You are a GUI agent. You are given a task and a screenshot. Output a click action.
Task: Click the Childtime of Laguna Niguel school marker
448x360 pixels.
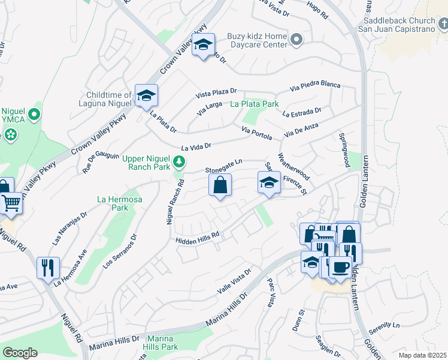click(146, 95)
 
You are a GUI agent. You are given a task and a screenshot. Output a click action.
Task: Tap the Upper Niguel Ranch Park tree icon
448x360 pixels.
click(178, 162)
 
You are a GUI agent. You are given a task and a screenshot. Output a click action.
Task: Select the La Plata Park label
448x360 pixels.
click(255, 104)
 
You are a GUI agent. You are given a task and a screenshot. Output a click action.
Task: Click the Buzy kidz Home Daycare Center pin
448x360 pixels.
click(296, 40)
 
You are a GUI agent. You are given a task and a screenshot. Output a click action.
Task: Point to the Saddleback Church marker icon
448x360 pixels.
click(442, 24)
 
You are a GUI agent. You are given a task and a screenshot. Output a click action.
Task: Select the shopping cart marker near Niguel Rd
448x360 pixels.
click(10, 204)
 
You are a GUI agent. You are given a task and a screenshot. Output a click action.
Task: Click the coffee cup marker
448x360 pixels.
click(340, 267)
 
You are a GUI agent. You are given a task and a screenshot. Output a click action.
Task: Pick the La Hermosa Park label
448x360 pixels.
click(113, 203)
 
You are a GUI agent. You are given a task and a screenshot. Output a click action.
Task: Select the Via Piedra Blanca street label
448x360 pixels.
click(314, 86)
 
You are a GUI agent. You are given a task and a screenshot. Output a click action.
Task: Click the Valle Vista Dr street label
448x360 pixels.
click(232, 281)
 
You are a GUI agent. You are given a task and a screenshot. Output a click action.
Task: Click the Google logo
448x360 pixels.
click(20, 352)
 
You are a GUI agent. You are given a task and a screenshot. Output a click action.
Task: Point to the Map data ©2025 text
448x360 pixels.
click(422, 355)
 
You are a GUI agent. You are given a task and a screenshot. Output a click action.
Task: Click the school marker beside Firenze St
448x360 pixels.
click(269, 183)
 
